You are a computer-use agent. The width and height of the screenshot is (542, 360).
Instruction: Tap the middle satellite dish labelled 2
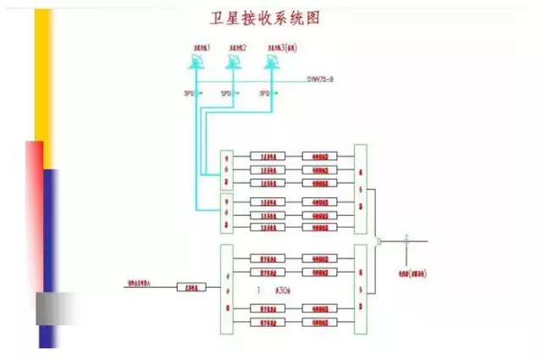point(233,62)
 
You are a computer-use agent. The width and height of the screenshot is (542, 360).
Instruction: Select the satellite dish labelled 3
point(272,62)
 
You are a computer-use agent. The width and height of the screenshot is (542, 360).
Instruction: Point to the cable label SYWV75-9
point(323,78)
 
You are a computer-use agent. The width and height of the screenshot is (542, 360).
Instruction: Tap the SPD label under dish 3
point(264,93)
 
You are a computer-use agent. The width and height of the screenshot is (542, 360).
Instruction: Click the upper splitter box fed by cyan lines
point(226,169)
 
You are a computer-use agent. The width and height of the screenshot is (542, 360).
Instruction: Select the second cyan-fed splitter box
point(226,213)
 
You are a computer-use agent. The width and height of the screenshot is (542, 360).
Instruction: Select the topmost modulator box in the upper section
point(320,157)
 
